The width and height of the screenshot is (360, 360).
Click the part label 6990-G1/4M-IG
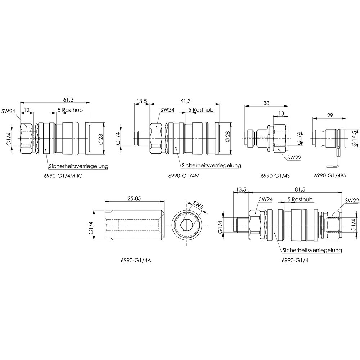[x=63, y=176]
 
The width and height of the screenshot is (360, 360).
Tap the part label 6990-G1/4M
[x=184, y=176]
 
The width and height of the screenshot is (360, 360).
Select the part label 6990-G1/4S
[x=275, y=176]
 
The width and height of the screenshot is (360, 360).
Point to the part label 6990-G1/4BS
[x=330, y=176]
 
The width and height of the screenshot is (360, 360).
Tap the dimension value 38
[x=266, y=103]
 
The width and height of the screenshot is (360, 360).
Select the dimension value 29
[x=330, y=115]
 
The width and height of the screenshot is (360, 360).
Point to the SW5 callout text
[x=198, y=205]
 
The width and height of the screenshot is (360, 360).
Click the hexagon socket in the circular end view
[x=186, y=225]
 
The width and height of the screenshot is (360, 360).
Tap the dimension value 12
[x=27, y=110]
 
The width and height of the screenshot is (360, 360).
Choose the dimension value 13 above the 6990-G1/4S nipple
[x=281, y=113]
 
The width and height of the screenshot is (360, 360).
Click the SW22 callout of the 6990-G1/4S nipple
[x=294, y=158]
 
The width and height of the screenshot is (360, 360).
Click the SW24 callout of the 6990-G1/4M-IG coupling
[x=8, y=111]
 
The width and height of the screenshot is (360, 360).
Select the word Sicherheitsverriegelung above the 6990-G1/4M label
[x=211, y=165]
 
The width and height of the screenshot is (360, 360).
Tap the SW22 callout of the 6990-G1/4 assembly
[x=351, y=201]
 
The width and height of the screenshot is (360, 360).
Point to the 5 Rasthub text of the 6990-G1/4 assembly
[x=300, y=199]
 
